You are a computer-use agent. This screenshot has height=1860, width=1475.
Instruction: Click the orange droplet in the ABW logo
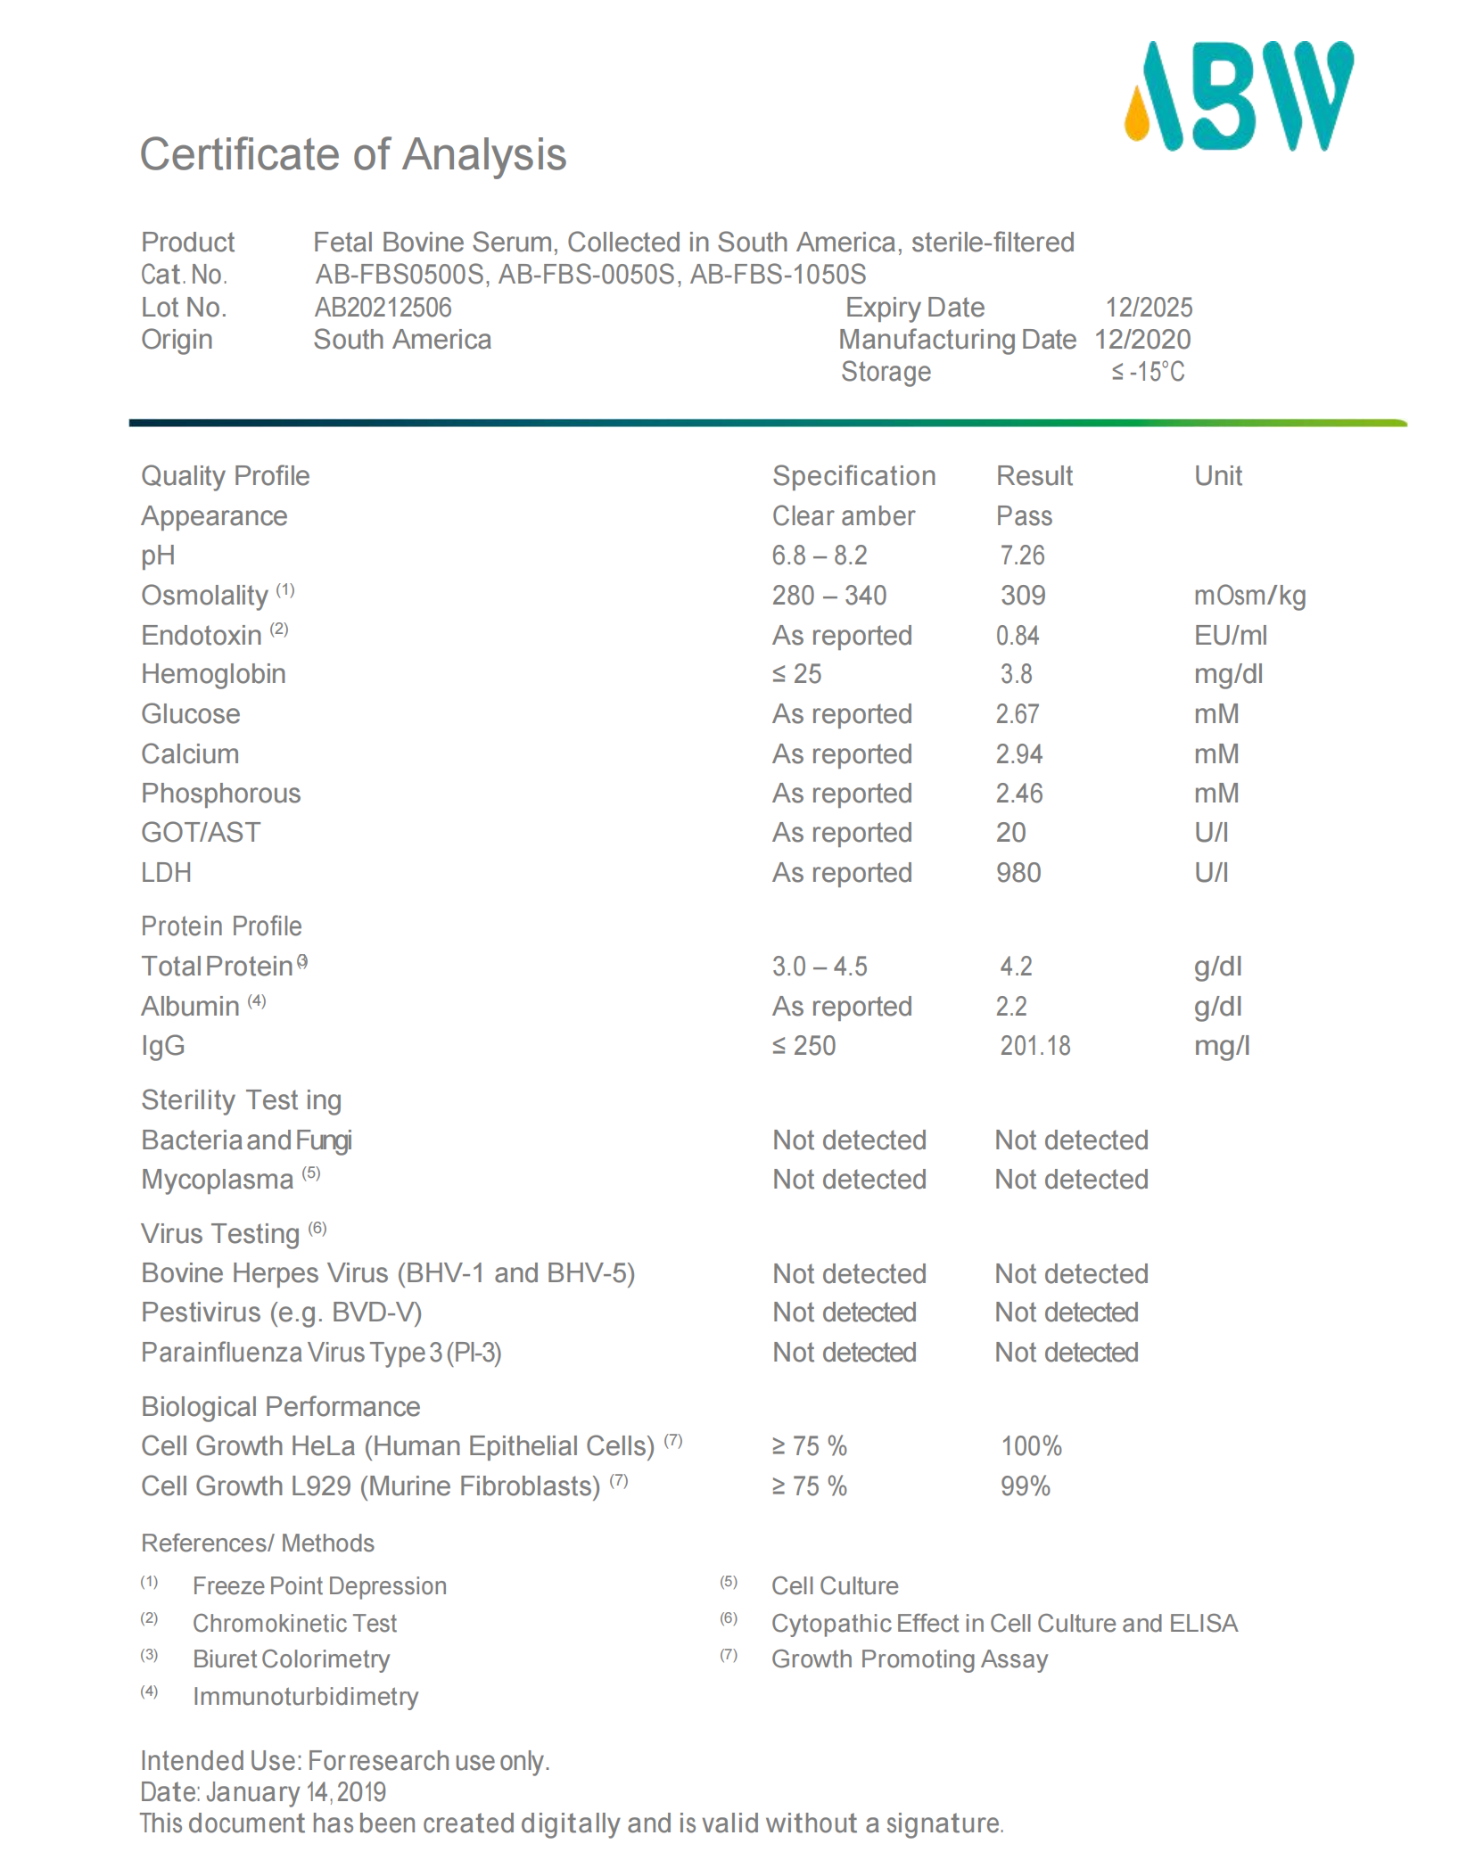pyautogui.click(x=1137, y=118)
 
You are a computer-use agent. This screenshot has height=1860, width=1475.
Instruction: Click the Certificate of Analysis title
pyautogui.click(x=352, y=154)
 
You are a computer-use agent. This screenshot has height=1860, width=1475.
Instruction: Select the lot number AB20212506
pyautogui.click(x=383, y=308)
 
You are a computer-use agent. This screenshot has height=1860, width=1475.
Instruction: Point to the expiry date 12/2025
pyautogui.click(x=1149, y=308)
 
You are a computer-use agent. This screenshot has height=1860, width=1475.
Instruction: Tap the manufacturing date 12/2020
pyautogui.click(x=1142, y=340)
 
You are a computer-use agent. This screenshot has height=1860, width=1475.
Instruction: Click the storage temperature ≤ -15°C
pyautogui.click(x=1148, y=372)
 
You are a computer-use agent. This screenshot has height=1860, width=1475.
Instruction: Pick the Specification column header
pyautogui.click(x=853, y=476)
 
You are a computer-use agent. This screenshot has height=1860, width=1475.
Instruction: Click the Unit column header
pyautogui.click(x=1217, y=476)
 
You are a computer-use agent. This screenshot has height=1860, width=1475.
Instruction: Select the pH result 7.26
pyautogui.click(x=1021, y=556)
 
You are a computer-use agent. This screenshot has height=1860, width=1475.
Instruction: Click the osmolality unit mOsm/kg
pyautogui.click(x=1249, y=596)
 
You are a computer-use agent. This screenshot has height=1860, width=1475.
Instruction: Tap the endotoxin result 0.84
pyautogui.click(x=1018, y=636)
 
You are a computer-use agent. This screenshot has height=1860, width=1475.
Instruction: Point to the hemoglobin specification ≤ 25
pyautogui.click(x=796, y=674)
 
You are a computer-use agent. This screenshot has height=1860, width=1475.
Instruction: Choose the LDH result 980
pyautogui.click(x=1018, y=873)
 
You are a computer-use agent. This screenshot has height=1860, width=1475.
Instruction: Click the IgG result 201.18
pyautogui.click(x=1034, y=1046)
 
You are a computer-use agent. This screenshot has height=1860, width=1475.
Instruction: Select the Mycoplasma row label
pyautogui.click(x=217, y=1180)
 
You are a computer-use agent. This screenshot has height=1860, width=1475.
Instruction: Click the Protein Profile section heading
pyautogui.click(x=221, y=926)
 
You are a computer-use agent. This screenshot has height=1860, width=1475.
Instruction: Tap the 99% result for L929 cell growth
pyautogui.click(x=1025, y=1486)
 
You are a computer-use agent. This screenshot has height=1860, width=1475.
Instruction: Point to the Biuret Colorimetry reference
pyautogui.click(x=291, y=1659)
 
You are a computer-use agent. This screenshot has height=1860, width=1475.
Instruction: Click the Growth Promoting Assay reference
pyautogui.click(x=909, y=1659)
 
